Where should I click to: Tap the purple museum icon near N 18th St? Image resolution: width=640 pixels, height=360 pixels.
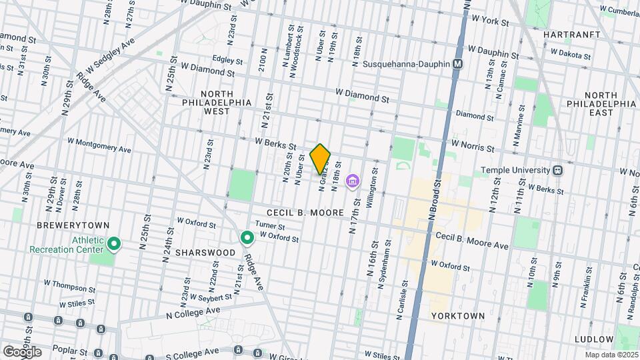click(x=352, y=181)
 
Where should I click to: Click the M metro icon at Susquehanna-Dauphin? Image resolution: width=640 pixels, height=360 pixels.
click(x=457, y=64)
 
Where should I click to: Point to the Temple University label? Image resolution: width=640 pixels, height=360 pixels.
click(x=515, y=170)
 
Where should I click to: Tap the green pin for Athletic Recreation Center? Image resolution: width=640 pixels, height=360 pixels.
click(x=114, y=245)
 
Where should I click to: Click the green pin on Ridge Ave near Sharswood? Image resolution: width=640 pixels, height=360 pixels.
click(x=247, y=237)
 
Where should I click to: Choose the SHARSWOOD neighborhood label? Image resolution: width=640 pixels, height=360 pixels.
click(x=205, y=253)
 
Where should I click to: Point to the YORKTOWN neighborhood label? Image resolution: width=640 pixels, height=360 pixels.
click(x=458, y=315)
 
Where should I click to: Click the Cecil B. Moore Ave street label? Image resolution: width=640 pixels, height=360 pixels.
click(x=472, y=241)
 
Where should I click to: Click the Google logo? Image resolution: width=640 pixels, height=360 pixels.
click(x=22, y=352)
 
